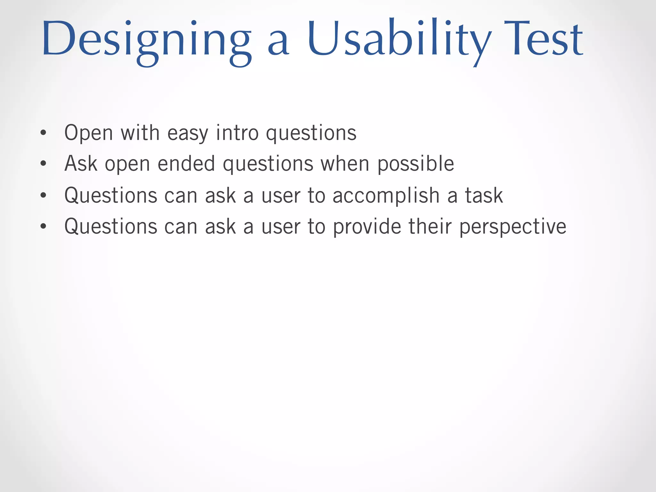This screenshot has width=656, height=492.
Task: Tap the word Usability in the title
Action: (x=399, y=40)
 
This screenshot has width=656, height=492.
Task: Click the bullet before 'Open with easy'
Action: (x=44, y=132)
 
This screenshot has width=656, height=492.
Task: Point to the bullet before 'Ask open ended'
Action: (x=44, y=164)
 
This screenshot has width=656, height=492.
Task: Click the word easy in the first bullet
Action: (x=188, y=133)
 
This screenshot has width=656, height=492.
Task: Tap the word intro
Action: (x=237, y=132)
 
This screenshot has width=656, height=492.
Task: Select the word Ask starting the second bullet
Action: (x=81, y=163)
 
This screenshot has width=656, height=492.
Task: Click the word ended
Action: (x=186, y=163)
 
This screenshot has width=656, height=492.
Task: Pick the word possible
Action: (x=415, y=164)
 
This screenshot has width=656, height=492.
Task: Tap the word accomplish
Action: (x=386, y=195)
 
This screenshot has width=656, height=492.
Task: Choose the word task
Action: (x=484, y=195)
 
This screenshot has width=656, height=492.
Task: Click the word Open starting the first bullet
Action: (x=88, y=133)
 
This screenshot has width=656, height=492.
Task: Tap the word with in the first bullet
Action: (x=140, y=132)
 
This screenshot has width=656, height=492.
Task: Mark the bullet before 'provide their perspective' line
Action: (x=44, y=226)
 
